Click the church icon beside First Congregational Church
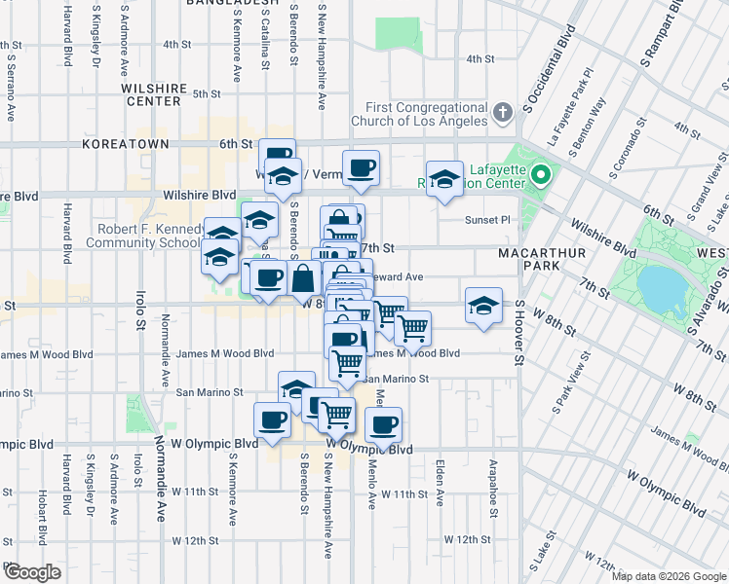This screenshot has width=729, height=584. (x=503, y=113)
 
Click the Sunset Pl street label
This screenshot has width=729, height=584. (x=488, y=219)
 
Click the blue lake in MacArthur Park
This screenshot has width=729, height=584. (x=663, y=287)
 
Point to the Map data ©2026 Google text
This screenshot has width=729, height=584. (x=669, y=576)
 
